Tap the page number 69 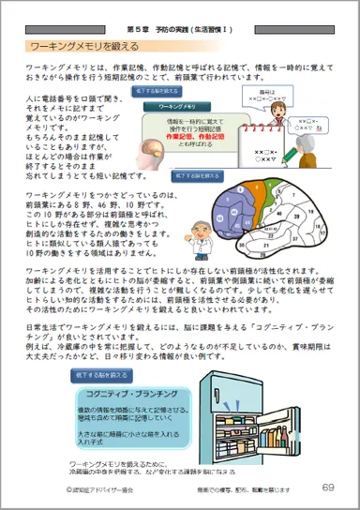tap(327, 487)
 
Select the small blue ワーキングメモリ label tap(175, 108)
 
